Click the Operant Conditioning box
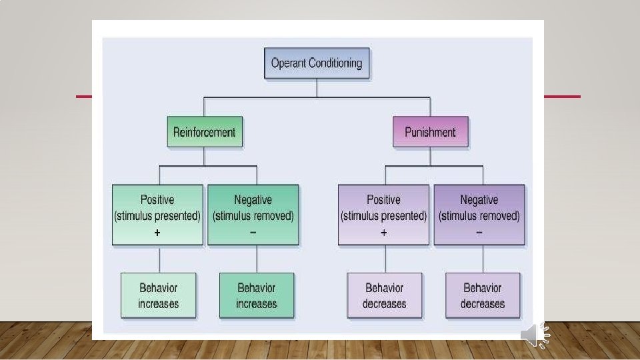pos(317,63)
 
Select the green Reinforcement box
pos(204,132)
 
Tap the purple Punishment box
pos(430,132)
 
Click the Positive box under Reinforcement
pos(157,215)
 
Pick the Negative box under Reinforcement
pos(253,215)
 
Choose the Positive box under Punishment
pos(383,215)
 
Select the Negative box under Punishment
pos(479,215)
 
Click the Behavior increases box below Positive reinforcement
pos(159,295)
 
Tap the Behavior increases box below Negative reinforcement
pos(257,295)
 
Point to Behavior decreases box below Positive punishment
pos(385,295)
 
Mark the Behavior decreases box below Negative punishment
pos(483,295)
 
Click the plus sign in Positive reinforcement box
pos(157,233)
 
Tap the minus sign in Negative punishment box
pos(479,233)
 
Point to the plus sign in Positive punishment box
pos(383,233)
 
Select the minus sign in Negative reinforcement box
pos(253,233)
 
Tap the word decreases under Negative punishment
pos(483,304)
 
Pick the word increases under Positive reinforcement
pos(159,304)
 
